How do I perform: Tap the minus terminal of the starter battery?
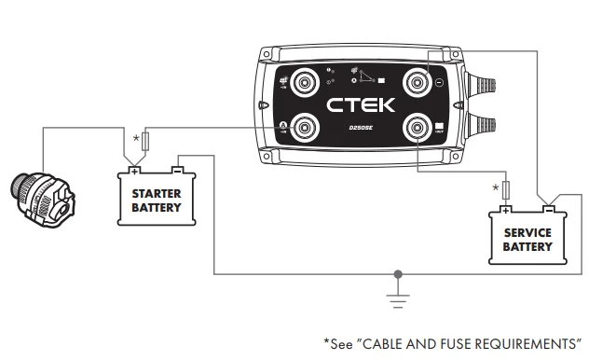pos(178,171)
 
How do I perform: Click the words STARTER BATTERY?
pos(157,199)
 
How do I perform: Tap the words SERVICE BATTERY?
pos(527,240)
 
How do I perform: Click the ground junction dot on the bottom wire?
pos(400,275)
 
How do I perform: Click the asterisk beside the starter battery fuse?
pos(137,141)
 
